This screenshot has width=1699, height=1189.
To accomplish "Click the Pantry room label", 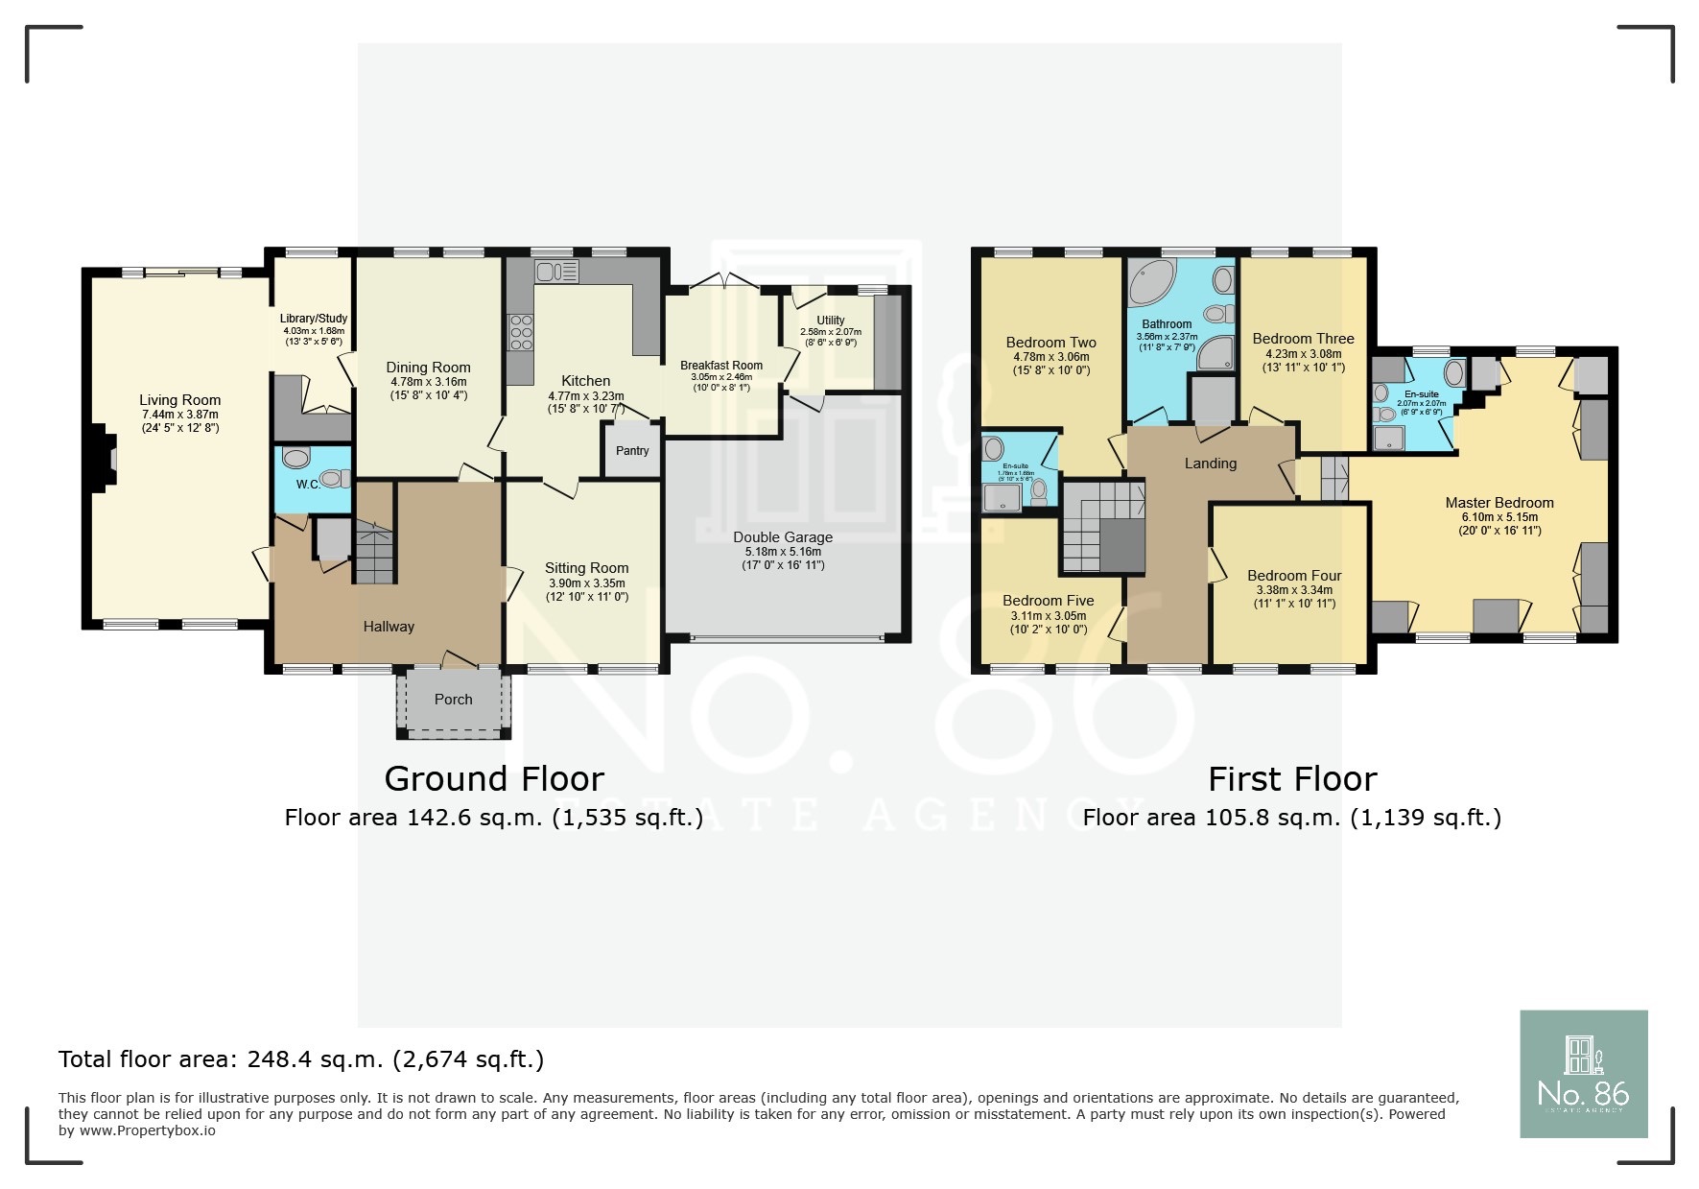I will tap(632, 451).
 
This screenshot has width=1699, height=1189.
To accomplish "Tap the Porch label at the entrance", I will tap(453, 700).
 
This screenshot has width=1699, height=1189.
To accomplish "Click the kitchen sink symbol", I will tap(556, 272).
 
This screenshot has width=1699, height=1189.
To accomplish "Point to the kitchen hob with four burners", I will tap(521, 333).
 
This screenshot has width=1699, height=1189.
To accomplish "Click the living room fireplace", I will tap(103, 461).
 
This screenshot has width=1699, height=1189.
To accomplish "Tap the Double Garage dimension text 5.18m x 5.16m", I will tap(783, 552).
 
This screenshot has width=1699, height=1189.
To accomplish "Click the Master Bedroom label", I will tap(1498, 503).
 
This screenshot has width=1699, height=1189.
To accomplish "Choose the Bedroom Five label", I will tap(1048, 601).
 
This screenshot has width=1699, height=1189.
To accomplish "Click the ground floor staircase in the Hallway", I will tap(375, 551).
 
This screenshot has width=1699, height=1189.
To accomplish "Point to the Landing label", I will tap(1210, 464).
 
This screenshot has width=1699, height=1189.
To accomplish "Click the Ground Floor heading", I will tap(494, 778).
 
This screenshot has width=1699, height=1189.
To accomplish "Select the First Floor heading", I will tap(1291, 778).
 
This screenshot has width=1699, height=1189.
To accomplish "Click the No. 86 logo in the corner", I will tap(1583, 1074).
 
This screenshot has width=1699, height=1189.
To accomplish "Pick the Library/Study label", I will tap(313, 319).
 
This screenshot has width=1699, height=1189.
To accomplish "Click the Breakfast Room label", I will tap(721, 366).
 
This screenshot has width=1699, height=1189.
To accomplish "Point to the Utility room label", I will tap(831, 321).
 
